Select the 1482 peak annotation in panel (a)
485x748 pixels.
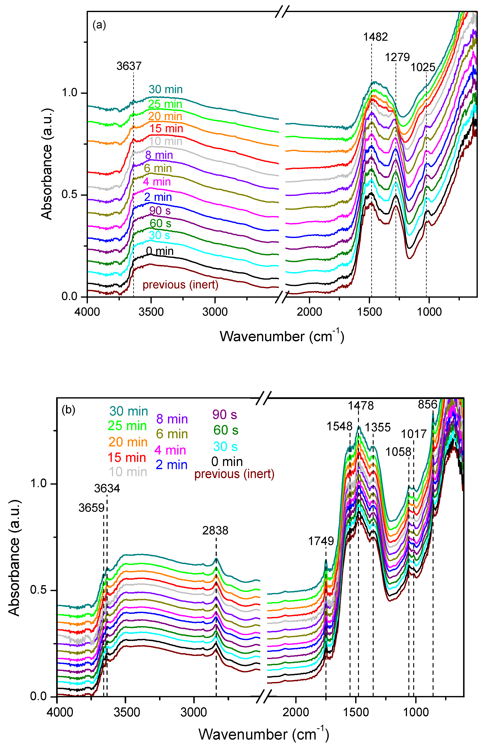376,37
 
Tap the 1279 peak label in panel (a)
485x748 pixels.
397,57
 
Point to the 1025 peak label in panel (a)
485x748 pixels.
423,67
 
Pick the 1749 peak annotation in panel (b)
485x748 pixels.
321,541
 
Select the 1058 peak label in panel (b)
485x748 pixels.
398,452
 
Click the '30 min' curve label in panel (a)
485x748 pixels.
165,90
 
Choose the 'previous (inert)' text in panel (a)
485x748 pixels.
180,285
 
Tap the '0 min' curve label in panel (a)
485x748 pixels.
160,251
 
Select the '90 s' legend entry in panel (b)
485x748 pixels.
224,415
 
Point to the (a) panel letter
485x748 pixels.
99,25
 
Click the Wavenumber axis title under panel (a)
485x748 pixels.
282,337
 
